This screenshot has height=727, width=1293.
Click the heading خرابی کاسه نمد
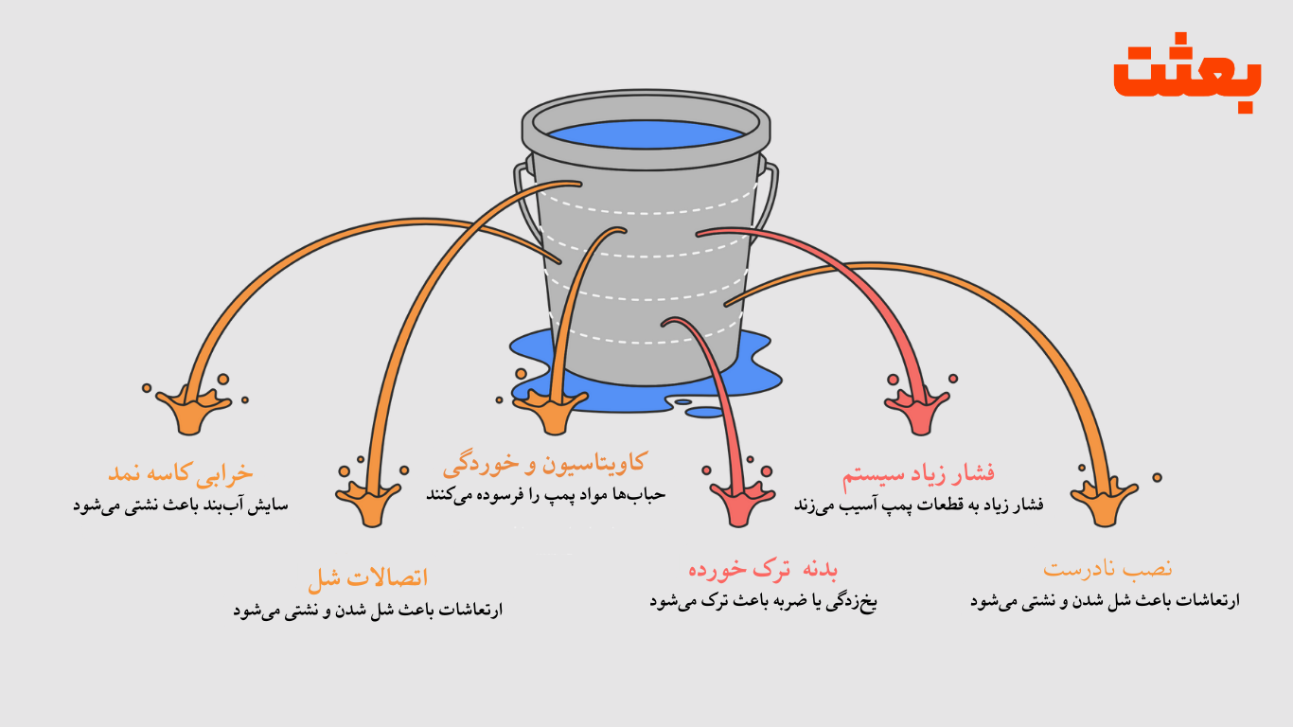181,471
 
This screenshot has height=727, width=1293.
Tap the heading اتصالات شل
367,576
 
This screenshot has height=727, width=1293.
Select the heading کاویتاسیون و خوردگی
544,463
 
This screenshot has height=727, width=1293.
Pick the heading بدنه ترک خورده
763,569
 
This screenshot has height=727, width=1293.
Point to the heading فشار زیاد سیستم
918,472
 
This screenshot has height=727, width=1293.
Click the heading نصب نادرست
1107,568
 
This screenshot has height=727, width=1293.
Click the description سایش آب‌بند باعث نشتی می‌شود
181,505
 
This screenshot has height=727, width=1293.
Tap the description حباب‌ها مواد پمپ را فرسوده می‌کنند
545,495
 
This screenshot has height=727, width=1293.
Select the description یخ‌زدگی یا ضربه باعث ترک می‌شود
763,601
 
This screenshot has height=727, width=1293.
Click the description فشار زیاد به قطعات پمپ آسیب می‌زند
918,505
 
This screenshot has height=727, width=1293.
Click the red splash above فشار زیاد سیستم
917,409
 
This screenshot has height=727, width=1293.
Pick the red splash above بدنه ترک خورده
742,501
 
